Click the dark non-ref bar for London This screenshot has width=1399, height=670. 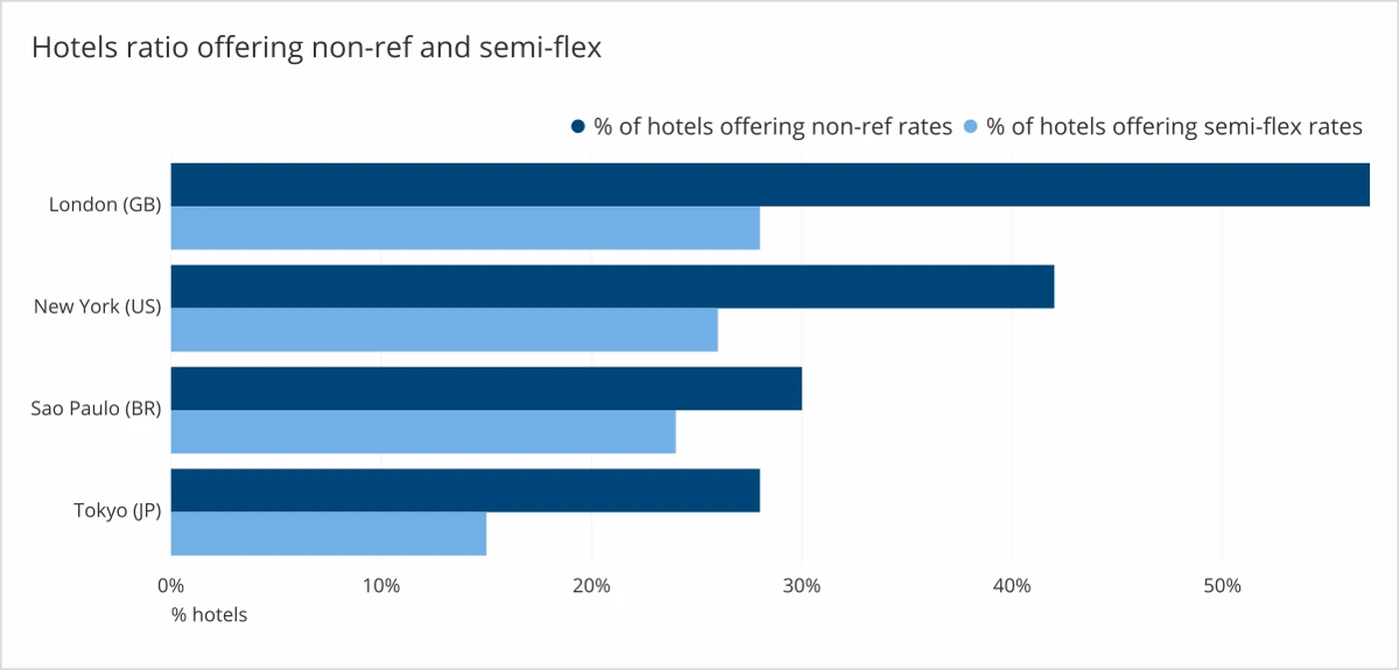pyautogui.click(x=769, y=185)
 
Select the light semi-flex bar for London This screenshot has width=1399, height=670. pyautogui.click(x=465, y=228)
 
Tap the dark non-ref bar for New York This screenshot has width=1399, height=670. pyautogui.click(x=612, y=287)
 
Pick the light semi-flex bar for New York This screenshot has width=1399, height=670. pyautogui.click(x=444, y=330)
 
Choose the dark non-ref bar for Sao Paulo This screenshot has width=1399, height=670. pyautogui.click(x=486, y=388)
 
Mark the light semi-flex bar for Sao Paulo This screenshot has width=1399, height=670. pyautogui.click(x=423, y=431)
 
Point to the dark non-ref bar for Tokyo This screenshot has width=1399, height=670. pyautogui.click(x=465, y=490)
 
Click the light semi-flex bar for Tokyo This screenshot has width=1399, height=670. pyautogui.click(x=328, y=533)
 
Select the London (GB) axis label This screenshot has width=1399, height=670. pyautogui.click(x=105, y=205)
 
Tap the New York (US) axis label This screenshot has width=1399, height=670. pyautogui.click(x=97, y=307)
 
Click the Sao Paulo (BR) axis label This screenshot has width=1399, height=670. pyautogui.click(x=96, y=408)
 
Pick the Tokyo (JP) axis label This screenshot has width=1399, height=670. pyautogui.click(x=117, y=511)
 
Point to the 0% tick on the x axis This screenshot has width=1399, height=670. pyautogui.click(x=172, y=585)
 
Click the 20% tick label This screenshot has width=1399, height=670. pyautogui.click(x=592, y=585)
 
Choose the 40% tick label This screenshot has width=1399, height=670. pyautogui.click(x=1012, y=585)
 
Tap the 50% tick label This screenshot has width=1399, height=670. pyautogui.click(x=1222, y=585)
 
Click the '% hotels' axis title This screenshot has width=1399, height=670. pyautogui.click(x=209, y=615)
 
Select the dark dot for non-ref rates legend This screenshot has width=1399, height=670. pyautogui.click(x=578, y=127)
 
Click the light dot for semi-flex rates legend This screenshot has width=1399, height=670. pyautogui.click(x=970, y=127)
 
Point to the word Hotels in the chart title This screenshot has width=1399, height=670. pyautogui.click(x=70, y=47)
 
